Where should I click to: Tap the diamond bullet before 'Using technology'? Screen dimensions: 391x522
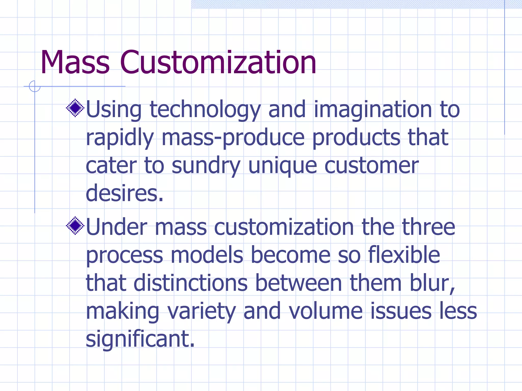[x=75, y=108]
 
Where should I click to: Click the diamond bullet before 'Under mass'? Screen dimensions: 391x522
[x=75, y=226]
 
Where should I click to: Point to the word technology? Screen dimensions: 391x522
[x=205, y=110]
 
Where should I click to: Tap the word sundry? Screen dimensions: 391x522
[x=206, y=166]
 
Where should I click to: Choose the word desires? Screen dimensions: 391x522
[x=124, y=193]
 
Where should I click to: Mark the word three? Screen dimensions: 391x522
[x=428, y=227]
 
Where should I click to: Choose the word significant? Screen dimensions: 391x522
[x=140, y=339]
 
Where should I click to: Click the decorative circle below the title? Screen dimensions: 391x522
[x=35, y=86]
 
